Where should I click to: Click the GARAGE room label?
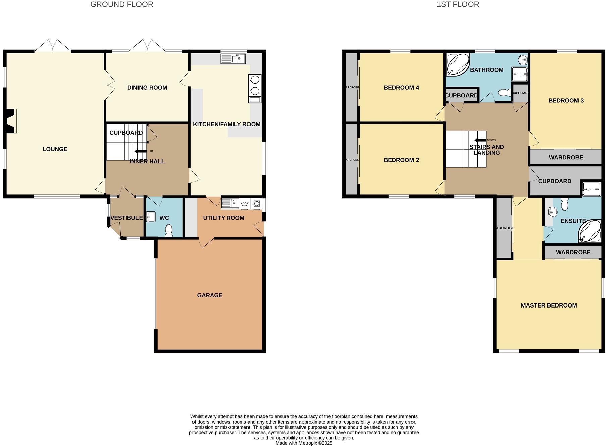209,295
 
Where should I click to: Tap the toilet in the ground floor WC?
168,230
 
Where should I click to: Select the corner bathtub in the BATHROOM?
457,64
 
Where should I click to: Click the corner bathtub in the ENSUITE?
590,231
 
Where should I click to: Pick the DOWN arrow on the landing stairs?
480,140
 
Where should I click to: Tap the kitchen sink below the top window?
233,59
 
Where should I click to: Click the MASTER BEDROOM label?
549,305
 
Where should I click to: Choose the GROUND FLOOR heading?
122,4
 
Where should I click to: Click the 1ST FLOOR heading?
457,4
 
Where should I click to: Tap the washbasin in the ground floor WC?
151,217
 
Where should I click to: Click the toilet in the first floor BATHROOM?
504,93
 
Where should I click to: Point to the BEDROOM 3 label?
566,101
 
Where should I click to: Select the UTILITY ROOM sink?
230,203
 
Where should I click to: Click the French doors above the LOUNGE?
53,46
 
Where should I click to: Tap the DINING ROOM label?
147,88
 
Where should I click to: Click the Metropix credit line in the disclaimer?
304,443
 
